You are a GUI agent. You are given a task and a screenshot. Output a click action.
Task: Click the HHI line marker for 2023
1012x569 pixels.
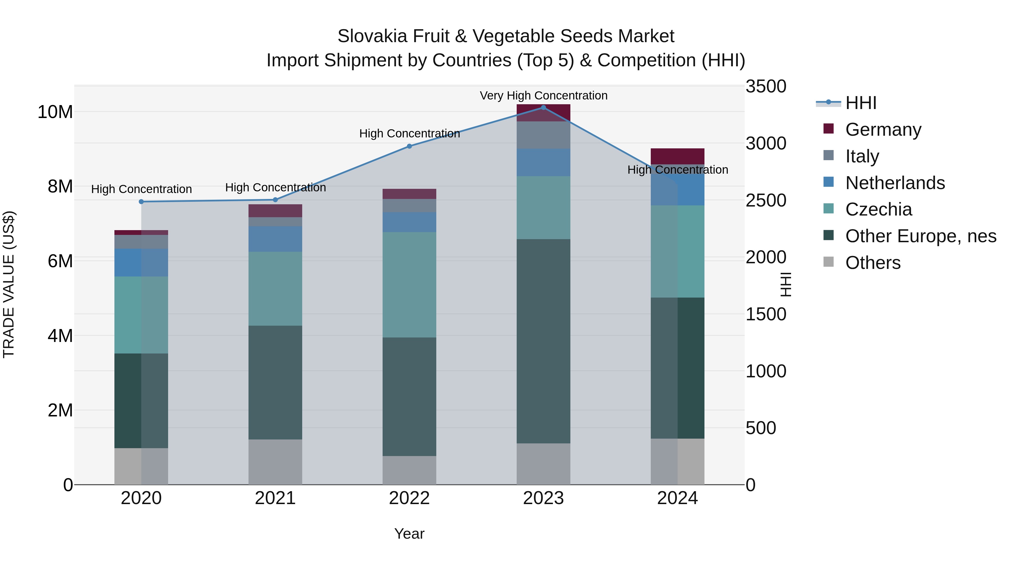(543, 108)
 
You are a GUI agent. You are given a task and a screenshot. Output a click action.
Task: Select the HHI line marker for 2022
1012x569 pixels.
(409, 146)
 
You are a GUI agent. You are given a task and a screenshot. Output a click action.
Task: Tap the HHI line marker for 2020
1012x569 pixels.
(141, 202)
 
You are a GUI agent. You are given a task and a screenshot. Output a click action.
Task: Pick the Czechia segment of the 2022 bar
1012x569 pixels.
(409, 285)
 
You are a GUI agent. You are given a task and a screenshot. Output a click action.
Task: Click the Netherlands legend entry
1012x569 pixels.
(895, 183)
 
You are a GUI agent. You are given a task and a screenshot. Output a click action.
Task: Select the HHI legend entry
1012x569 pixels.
(860, 103)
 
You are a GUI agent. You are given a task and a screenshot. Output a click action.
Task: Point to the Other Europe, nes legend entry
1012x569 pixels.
(920, 236)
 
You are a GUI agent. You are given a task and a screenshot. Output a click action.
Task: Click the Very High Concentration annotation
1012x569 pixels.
(543, 96)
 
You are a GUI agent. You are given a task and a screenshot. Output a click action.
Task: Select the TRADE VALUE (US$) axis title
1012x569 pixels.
(9, 285)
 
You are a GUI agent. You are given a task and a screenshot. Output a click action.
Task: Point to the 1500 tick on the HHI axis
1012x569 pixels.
(766, 314)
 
